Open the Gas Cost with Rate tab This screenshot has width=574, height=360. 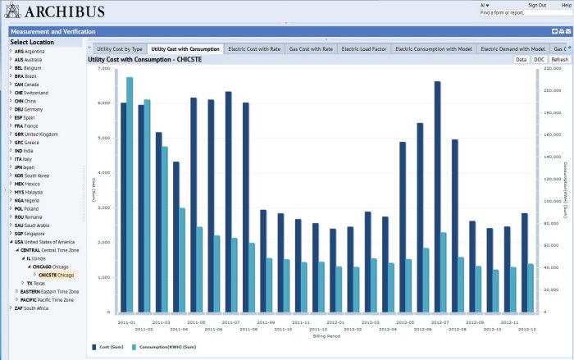pos(311,49)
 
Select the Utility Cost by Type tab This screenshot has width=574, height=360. pos(120,49)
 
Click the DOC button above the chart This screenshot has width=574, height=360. pos(539,60)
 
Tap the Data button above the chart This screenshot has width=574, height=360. pos(521,60)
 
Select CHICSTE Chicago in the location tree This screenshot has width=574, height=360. pos(56,275)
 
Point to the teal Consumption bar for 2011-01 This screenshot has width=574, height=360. pos(130,194)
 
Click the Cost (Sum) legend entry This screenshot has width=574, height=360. pos(111,348)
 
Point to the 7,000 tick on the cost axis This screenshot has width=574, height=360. pos(102,69)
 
